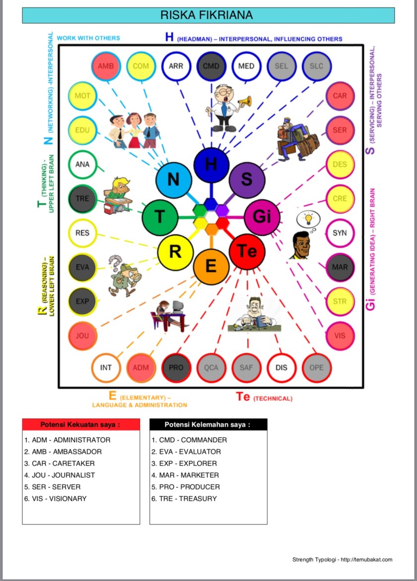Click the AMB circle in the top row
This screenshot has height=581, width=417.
[106, 66]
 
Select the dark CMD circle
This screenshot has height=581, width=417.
[211, 66]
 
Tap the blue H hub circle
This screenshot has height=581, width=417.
[211, 165]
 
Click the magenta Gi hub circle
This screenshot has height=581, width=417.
[262, 217]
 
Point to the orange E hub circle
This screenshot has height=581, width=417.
[211, 266]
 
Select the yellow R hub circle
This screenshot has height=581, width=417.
[175, 252]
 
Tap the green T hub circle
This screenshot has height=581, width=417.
[160, 217]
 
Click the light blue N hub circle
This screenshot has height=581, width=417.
[173, 179]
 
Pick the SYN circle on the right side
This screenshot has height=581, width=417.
[340, 233]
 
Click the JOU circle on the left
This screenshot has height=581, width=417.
[82, 336]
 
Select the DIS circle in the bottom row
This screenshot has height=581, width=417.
[281, 368]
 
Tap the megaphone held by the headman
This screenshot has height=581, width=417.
[245, 102]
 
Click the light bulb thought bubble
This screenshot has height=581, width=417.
[307, 219]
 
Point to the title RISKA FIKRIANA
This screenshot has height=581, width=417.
[208, 15]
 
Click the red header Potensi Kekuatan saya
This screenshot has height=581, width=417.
[80, 425]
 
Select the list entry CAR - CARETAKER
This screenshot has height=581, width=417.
[60, 463]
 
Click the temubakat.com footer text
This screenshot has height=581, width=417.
[342, 560]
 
